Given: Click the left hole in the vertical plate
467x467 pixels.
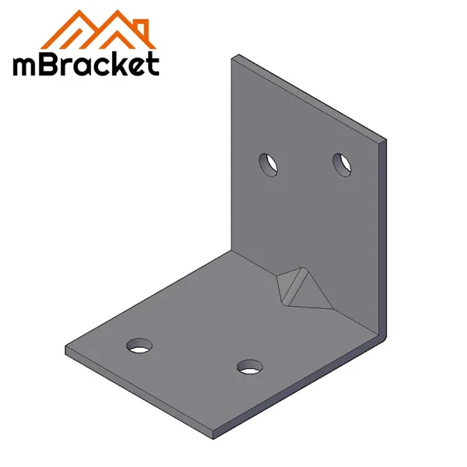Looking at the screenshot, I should coord(269,165).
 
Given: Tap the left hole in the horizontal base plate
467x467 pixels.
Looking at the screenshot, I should coord(141,344).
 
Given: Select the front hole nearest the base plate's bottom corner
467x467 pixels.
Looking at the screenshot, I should coord(250,365).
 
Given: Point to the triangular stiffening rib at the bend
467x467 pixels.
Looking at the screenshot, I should coord(300,288).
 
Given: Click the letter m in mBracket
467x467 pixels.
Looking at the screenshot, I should coord(27,65).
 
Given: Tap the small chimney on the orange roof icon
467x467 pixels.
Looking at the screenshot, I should coord(139,23).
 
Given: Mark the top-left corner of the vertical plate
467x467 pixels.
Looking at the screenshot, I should coord(235,56).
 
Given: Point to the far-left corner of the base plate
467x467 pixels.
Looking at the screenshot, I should coord(67,350).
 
